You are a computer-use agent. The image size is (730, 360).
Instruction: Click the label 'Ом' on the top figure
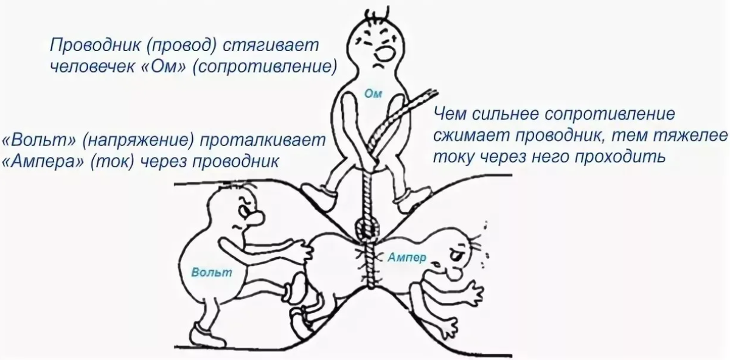pyautogui.click(x=372, y=92)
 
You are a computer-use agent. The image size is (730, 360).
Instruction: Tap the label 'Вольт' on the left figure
pyautogui.click(x=212, y=272)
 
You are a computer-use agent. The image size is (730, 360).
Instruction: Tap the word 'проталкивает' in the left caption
pyautogui.click(x=262, y=139)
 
